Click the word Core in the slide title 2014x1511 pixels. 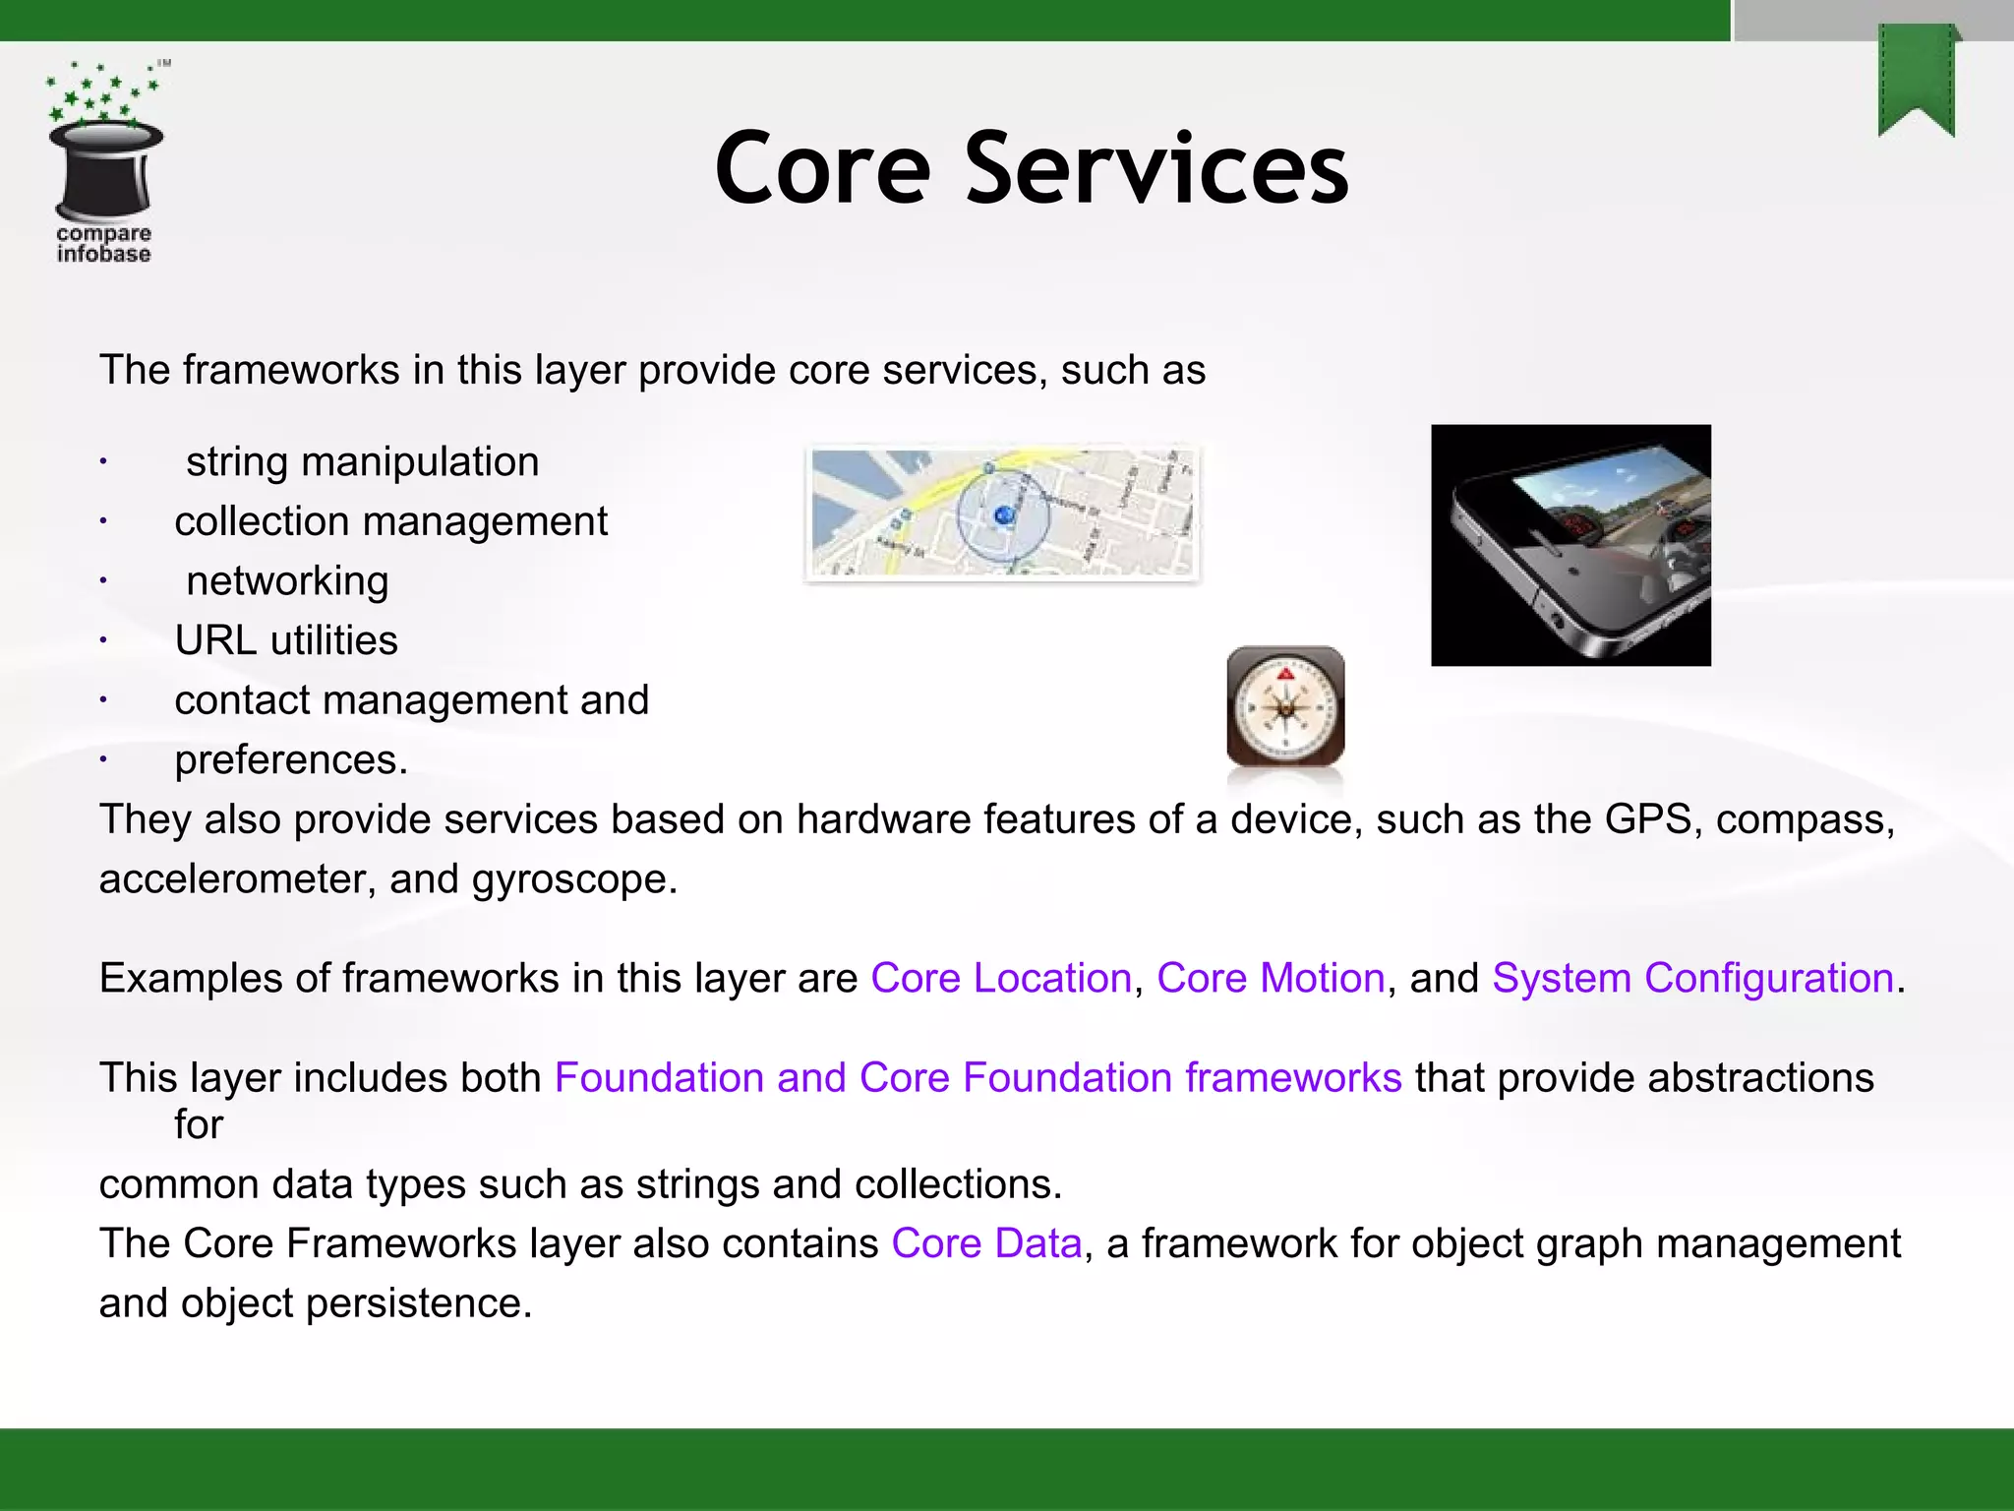coord(822,169)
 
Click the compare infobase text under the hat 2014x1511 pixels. coord(103,244)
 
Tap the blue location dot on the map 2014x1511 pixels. coord(1003,515)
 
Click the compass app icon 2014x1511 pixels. coord(1285,705)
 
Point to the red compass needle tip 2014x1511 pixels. coord(1285,675)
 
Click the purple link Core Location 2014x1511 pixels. coord(1001,978)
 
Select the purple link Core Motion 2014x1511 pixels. coord(1271,978)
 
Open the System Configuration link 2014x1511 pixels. coord(1692,978)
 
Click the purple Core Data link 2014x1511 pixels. coord(986,1243)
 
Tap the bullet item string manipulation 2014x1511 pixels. coord(362,461)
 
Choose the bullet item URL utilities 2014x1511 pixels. coord(286,640)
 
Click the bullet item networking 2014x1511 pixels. coord(287,580)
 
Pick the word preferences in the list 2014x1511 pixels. coord(290,760)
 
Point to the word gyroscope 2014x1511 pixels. coord(574,878)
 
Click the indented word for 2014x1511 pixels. coord(199,1124)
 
